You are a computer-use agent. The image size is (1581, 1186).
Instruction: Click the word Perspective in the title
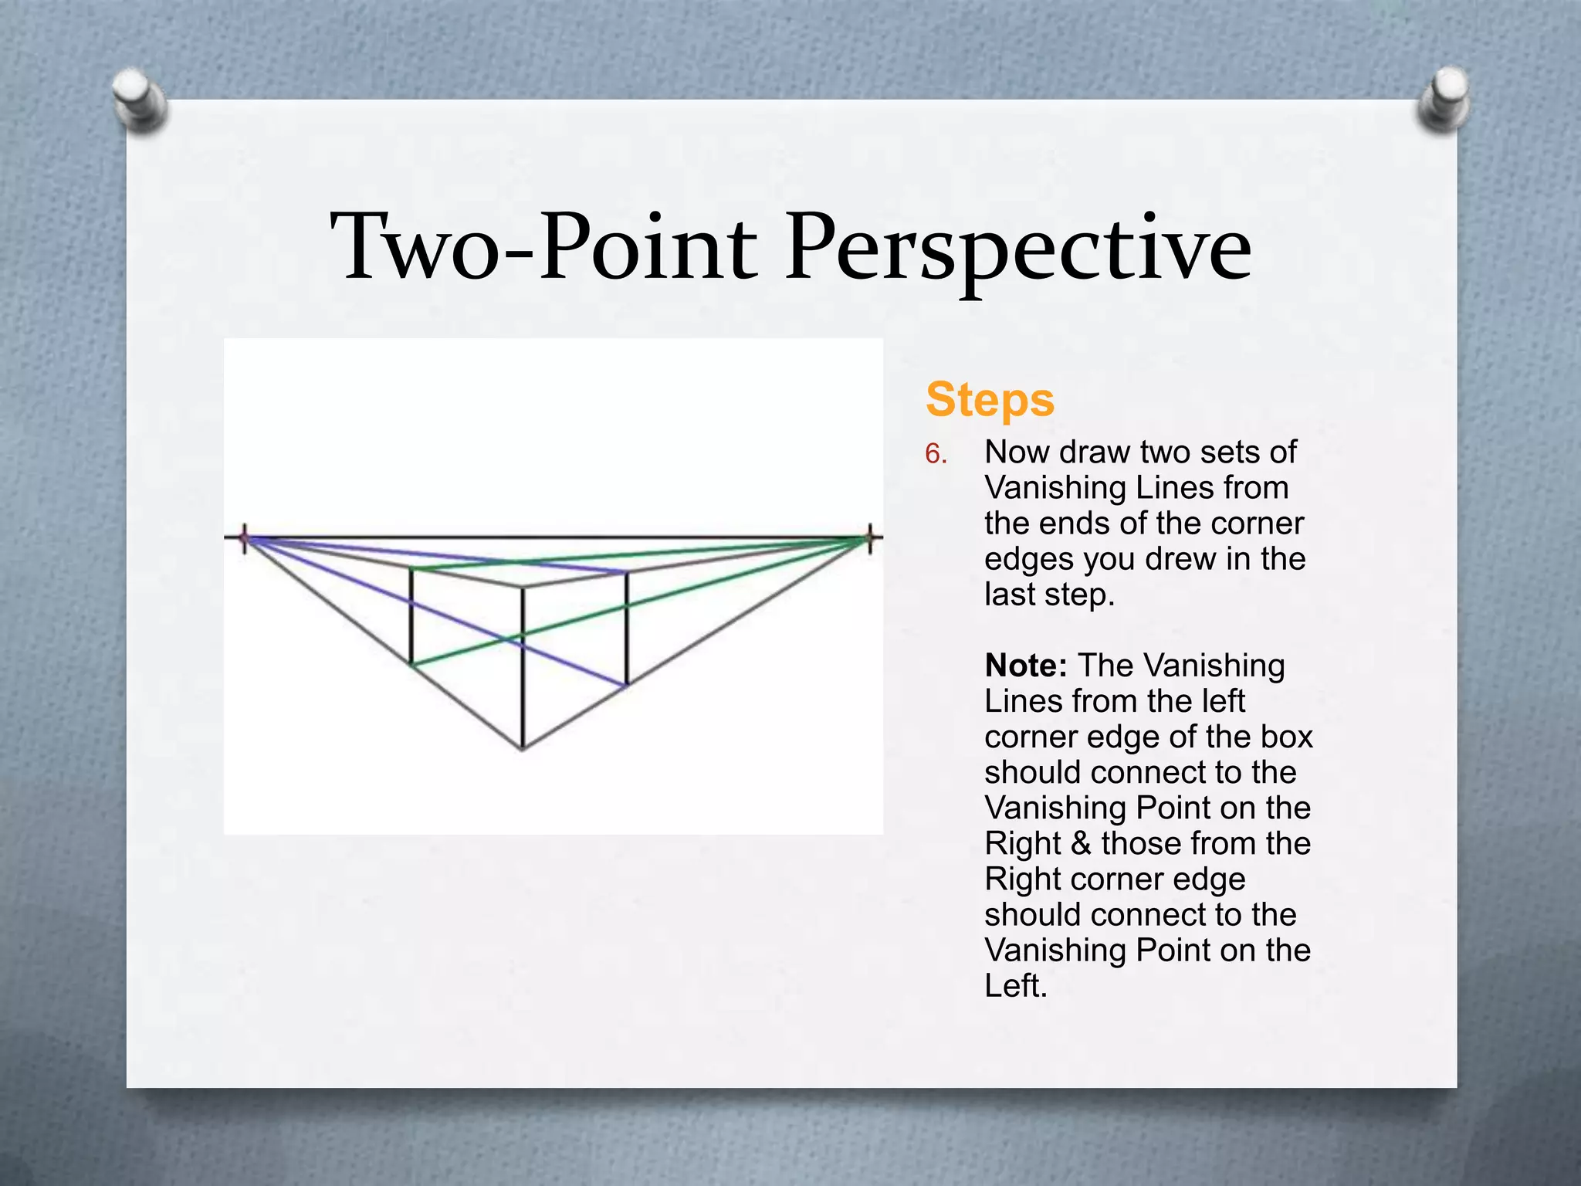(x=1018, y=249)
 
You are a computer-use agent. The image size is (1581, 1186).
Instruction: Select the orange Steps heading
(x=990, y=399)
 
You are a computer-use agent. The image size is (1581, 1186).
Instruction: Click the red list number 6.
(x=936, y=454)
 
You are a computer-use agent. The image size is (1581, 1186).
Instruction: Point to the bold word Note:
(x=1026, y=665)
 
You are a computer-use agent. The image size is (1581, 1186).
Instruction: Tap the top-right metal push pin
(x=1443, y=98)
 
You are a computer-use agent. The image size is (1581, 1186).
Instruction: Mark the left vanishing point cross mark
(x=245, y=537)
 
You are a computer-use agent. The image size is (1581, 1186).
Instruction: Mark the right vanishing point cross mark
(x=870, y=537)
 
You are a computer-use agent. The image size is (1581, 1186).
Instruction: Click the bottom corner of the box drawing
(x=523, y=748)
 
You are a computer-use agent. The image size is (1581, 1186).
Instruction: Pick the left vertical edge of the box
(x=411, y=616)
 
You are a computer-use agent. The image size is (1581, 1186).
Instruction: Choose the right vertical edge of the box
(x=626, y=628)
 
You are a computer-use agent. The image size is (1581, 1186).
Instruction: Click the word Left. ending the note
(x=1016, y=986)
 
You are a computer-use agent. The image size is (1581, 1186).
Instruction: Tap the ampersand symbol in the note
(x=1081, y=843)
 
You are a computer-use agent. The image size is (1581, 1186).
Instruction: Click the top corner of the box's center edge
(x=523, y=588)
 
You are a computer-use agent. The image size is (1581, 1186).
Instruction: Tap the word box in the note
(x=1287, y=737)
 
